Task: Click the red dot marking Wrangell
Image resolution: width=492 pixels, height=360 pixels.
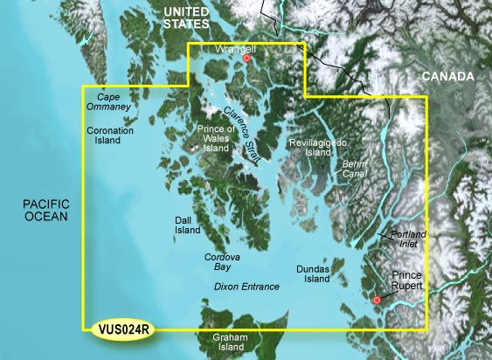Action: pyautogui.click(x=247, y=59)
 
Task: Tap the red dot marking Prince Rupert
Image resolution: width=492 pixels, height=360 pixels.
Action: pyautogui.click(x=377, y=301)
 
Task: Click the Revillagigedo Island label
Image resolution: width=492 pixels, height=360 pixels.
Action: pyautogui.click(x=312, y=147)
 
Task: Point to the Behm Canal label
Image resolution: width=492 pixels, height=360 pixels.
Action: pyautogui.click(x=354, y=169)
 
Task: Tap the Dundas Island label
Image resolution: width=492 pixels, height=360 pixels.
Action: pyautogui.click(x=311, y=275)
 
